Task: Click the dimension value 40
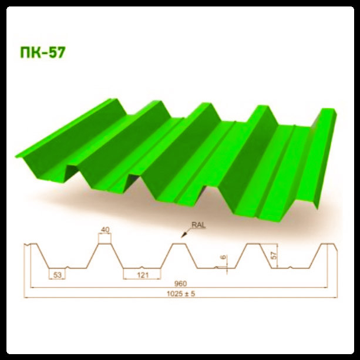105,230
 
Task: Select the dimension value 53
57,274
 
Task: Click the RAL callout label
197,224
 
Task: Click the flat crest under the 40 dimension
104,242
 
